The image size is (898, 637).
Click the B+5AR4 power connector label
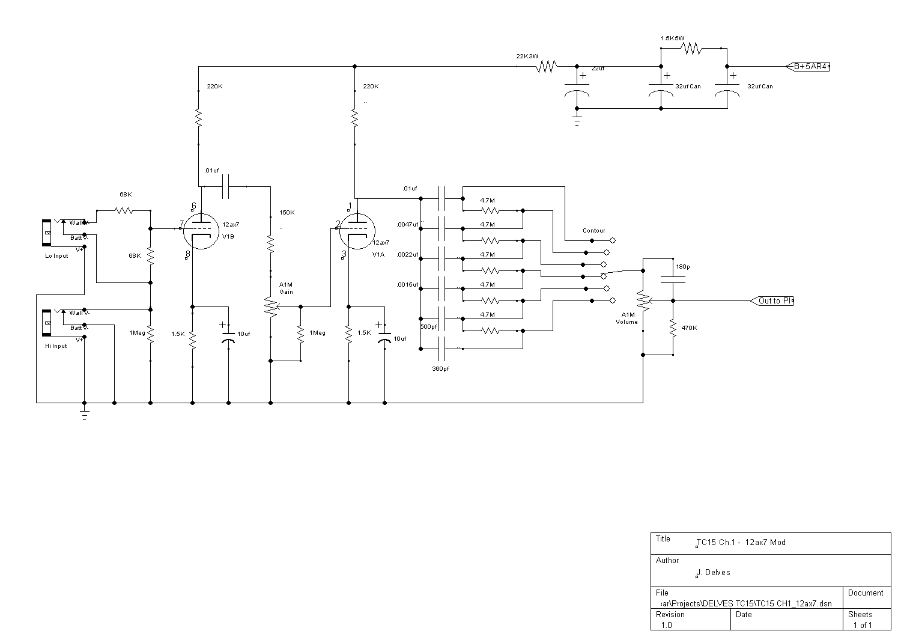coord(811,67)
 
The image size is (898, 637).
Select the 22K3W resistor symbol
coord(547,67)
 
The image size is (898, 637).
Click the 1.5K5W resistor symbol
coord(691,49)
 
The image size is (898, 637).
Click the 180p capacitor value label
coord(682,266)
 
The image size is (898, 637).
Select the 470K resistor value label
coord(690,328)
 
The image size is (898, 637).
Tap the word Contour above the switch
coord(594,231)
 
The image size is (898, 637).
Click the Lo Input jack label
coord(57,256)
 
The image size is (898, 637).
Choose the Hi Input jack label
coord(56,346)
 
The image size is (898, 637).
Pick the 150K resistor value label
coord(287,213)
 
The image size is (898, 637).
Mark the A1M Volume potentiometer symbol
coord(643,300)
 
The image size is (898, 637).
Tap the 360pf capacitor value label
coord(440,369)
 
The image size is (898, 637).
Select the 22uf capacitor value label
coord(598,69)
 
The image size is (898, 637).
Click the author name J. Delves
coord(714,573)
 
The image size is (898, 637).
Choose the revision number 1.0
coord(667,625)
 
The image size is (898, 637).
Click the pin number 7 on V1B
coord(181,224)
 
